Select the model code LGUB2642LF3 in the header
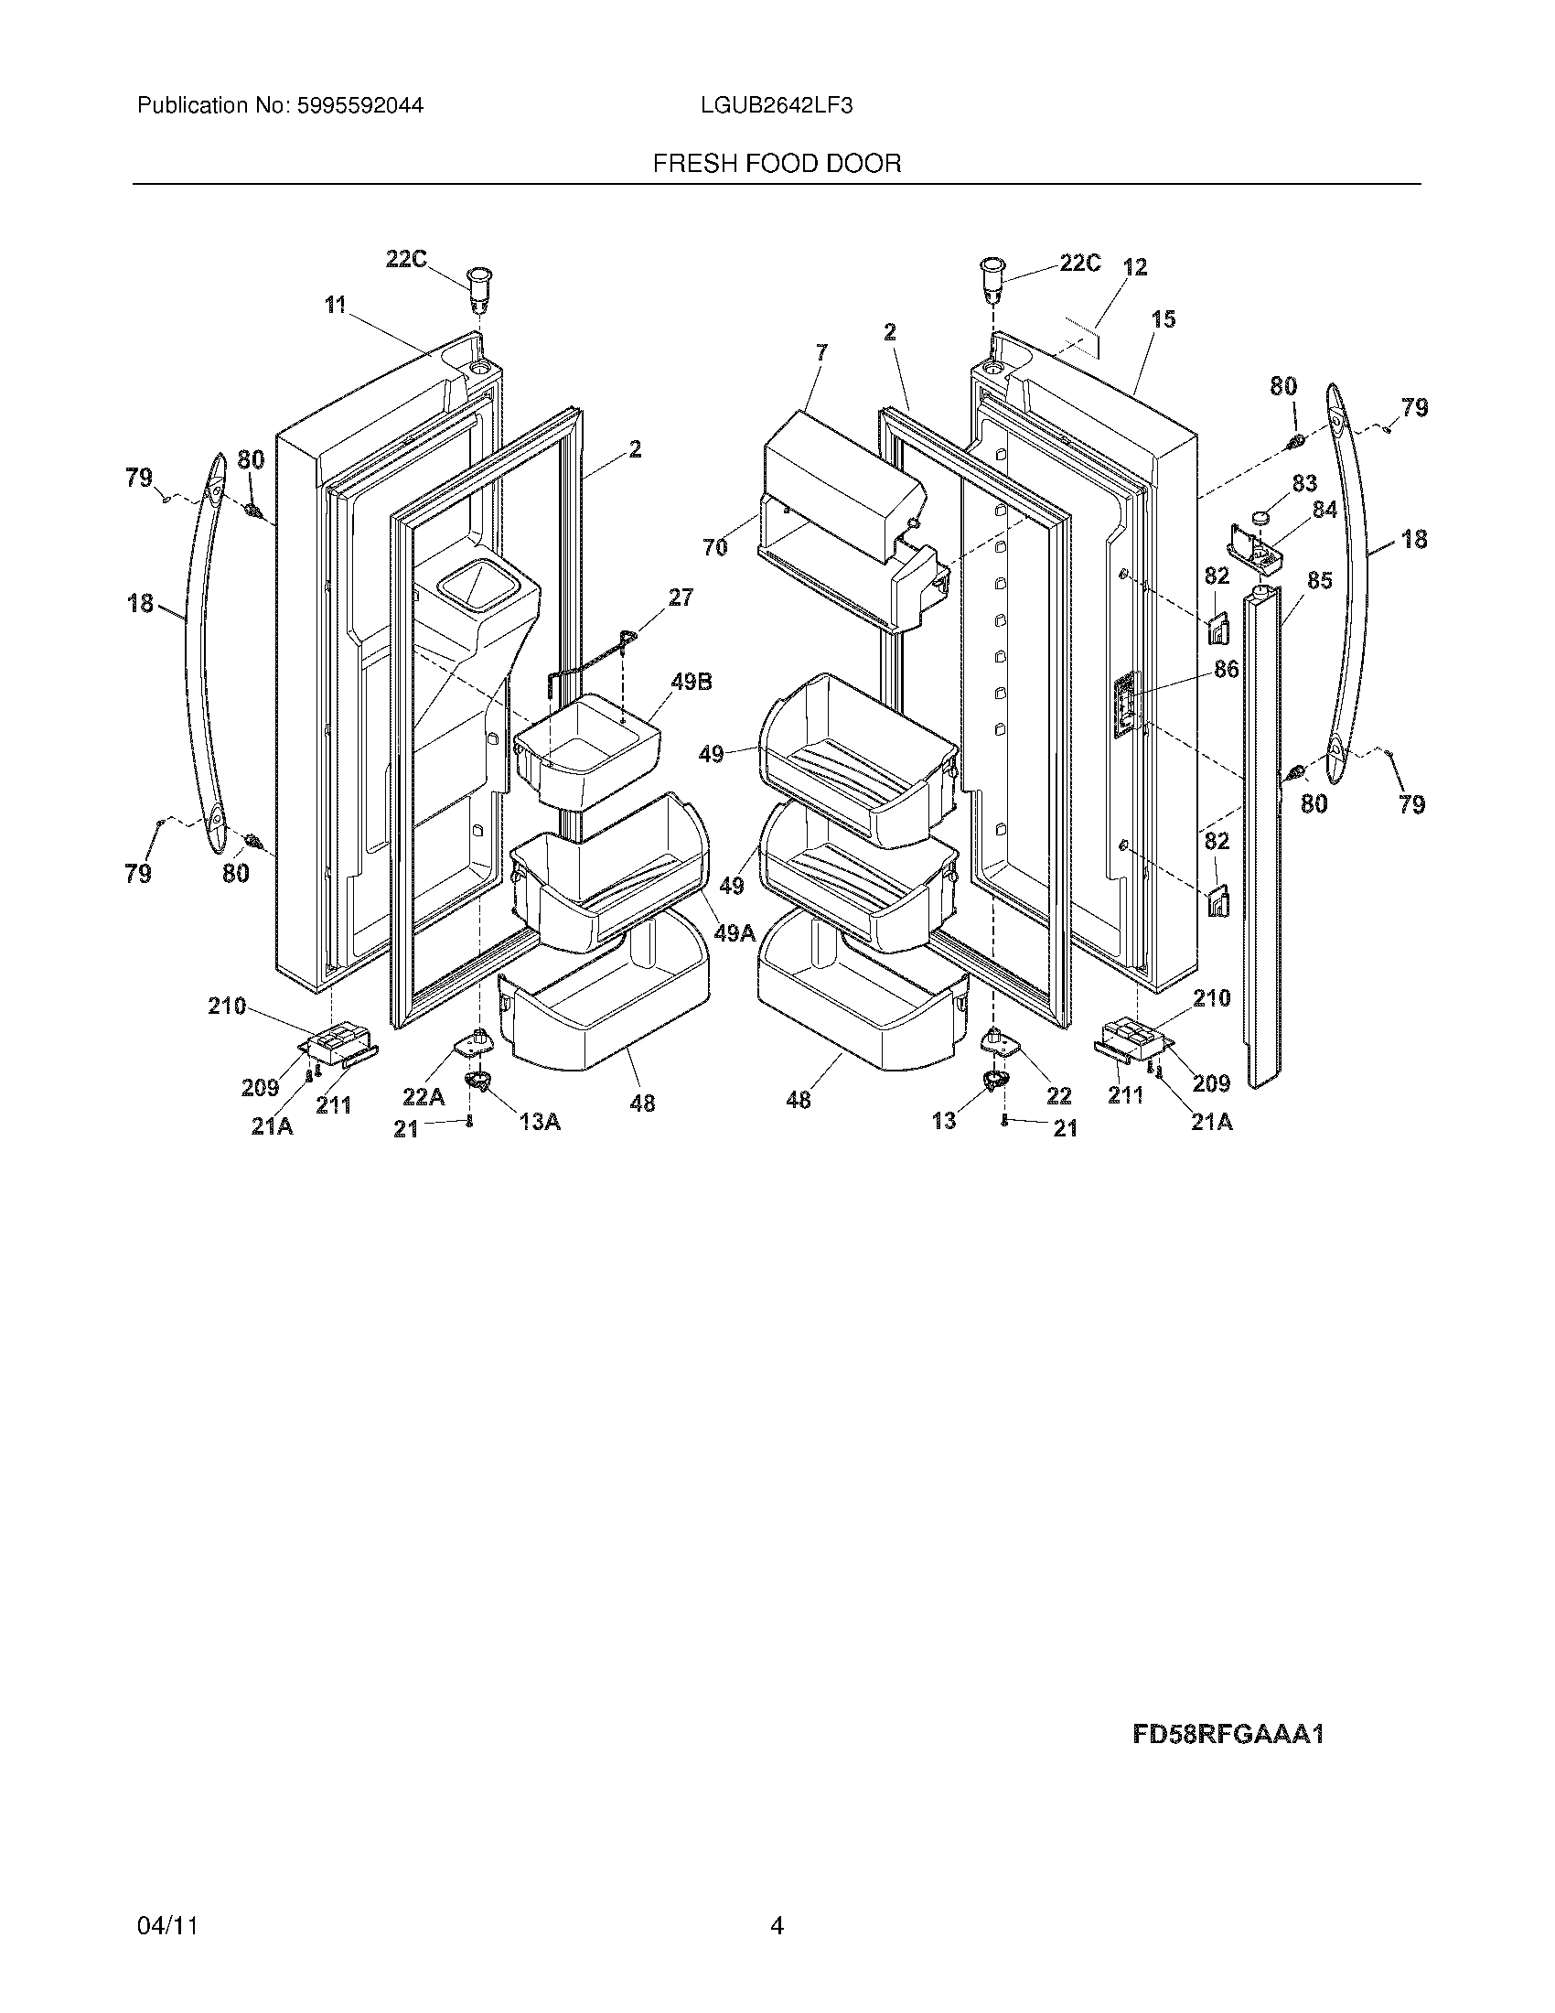(x=776, y=105)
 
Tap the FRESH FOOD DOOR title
(x=777, y=164)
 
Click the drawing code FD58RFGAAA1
(x=1227, y=1735)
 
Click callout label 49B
(x=691, y=683)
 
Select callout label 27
(x=680, y=597)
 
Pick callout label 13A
(x=539, y=1122)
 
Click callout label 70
(x=715, y=547)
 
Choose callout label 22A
(x=423, y=1096)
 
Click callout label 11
(x=335, y=304)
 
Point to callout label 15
(x=1164, y=320)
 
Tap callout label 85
(x=1319, y=581)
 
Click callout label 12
(x=1135, y=267)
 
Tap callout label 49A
(x=735, y=932)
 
